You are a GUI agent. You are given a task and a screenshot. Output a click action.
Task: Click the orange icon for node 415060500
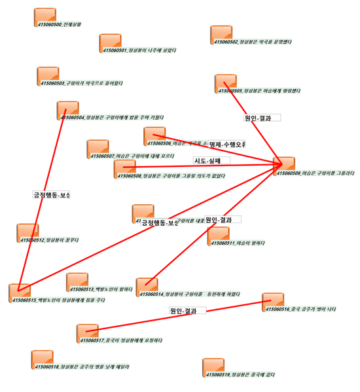45,16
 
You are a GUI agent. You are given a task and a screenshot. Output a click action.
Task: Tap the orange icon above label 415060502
221,34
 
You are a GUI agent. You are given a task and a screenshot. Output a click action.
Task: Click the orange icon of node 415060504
67,109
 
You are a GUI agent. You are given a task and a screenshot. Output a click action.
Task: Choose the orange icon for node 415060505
225,82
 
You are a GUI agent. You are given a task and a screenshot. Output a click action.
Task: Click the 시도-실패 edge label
207,160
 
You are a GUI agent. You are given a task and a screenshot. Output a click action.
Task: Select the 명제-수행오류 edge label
226,144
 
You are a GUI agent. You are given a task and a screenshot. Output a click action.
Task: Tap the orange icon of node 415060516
272,301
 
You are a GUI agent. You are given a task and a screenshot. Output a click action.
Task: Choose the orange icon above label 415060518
42,359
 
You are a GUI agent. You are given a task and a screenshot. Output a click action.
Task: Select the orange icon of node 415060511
219,235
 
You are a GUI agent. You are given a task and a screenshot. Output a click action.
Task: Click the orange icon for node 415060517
86,332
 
